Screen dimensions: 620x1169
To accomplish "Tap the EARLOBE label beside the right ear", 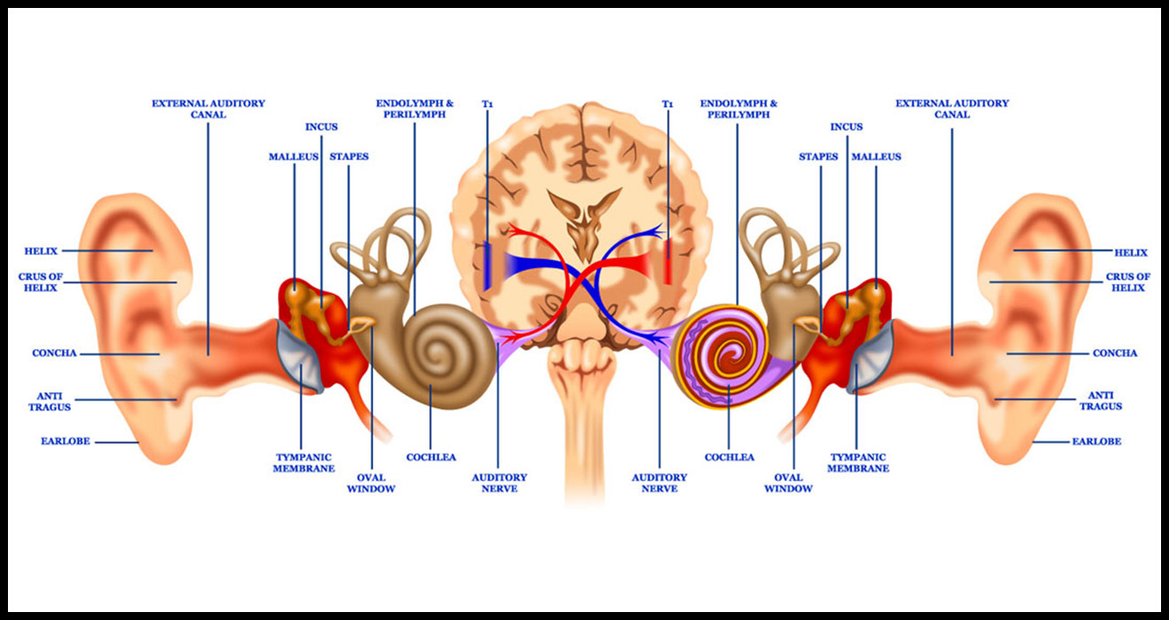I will [1096, 441].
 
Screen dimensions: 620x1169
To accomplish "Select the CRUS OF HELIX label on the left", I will [41, 282].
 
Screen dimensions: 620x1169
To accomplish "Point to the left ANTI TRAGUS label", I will [54, 400].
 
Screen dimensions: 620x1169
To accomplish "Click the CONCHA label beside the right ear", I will [1115, 353].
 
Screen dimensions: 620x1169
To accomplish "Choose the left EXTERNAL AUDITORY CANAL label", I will [208, 109].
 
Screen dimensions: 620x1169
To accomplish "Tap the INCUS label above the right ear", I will [846, 127].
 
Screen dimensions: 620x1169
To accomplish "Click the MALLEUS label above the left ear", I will [294, 157].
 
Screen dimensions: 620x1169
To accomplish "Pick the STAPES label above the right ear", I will [818, 157].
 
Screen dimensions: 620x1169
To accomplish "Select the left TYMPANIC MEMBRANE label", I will [302, 462].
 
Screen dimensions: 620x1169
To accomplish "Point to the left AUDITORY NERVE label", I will [499, 483].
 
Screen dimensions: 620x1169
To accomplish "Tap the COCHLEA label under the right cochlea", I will [730, 457].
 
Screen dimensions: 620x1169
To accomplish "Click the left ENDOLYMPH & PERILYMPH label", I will [414, 109].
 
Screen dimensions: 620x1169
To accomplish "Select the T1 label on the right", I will [668, 104].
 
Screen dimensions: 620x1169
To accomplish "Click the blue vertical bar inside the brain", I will [487, 264].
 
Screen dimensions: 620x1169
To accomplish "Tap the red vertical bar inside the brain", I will [668, 264].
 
